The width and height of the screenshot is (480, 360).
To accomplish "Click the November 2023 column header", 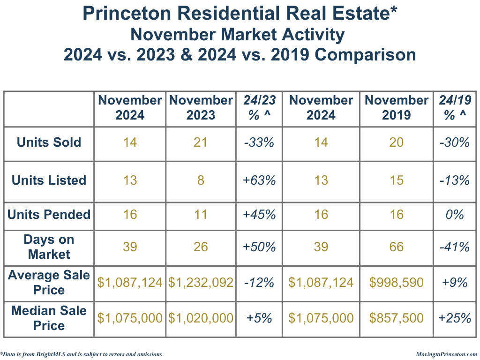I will click(x=201, y=108).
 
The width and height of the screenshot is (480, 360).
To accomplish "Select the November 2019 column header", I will click(x=397, y=108).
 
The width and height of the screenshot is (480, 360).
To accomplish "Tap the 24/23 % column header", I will click(x=260, y=108).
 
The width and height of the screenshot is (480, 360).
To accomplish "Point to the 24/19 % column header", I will click(x=455, y=108).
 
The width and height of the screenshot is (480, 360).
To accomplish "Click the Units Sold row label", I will click(x=49, y=142).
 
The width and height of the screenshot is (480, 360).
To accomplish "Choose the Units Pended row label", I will click(x=49, y=215).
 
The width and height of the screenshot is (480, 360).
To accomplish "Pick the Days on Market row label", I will click(x=49, y=247).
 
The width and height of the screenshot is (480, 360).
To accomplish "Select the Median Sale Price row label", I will click(x=49, y=318).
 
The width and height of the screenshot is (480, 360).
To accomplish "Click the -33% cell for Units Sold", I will click(x=260, y=142).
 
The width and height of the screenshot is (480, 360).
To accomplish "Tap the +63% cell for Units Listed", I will click(x=260, y=180).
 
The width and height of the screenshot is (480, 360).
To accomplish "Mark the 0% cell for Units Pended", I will click(x=455, y=215).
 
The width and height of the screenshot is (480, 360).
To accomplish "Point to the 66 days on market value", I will click(x=397, y=247).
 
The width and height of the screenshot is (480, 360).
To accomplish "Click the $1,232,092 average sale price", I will click(x=201, y=283).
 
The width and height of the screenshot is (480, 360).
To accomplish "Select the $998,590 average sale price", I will click(x=397, y=283).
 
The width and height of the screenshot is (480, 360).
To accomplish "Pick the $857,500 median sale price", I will click(x=397, y=318).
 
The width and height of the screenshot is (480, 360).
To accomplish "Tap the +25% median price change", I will click(x=455, y=318).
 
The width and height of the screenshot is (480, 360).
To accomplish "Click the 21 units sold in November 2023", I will click(x=201, y=142).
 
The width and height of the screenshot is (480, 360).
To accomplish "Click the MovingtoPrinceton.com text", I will click(x=446, y=354).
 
